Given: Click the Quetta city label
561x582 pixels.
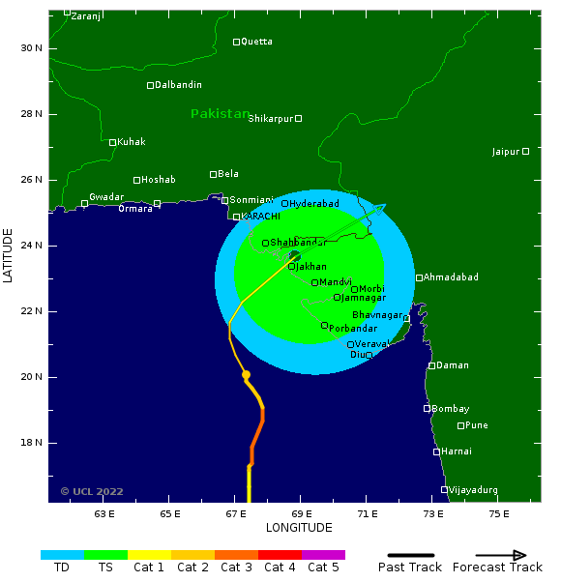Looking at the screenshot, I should pos(256,42).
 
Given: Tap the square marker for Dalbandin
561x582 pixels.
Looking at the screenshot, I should pos(150,85).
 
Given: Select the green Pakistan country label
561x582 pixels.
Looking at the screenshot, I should pos(220,113).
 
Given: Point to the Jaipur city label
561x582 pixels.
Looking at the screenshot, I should pos(505,152).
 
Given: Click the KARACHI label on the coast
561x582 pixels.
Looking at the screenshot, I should pos(260,217).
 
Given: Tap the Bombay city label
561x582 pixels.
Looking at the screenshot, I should pos(450,409).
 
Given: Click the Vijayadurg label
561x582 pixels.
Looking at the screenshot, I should pos(474,490).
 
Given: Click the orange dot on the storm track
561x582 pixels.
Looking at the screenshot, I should pos(246,375).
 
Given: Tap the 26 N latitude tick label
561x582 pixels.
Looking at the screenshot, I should pos(32,180).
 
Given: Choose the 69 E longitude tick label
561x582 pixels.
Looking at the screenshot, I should pos(302,514).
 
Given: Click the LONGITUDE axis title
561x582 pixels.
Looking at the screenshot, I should pos(299,528).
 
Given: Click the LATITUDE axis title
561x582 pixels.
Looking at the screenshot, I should pos(9,255).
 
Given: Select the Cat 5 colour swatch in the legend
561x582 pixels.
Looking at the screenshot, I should pos(323,555).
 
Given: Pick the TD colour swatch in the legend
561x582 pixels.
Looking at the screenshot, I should pos(62,555).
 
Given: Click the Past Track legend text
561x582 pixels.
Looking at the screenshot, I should pos(409,567).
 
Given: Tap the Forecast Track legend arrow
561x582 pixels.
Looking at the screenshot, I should pos(503,555).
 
